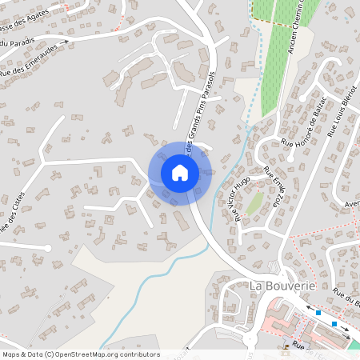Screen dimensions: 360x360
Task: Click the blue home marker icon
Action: point(179,173)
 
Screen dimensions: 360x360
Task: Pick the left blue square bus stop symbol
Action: point(318,312)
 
